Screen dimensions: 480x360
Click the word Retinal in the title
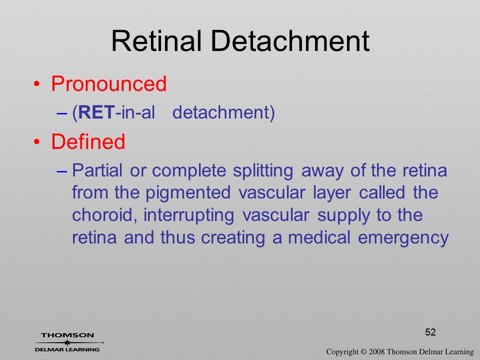[156, 40]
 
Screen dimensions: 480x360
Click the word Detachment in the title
[290, 40]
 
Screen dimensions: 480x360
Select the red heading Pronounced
[108, 83]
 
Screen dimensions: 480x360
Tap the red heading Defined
[88, 141]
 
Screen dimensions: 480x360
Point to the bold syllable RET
[96, 112]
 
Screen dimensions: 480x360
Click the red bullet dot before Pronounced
[36, 84]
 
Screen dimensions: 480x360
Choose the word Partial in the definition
[97, 170]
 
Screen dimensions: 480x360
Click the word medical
[319, 237]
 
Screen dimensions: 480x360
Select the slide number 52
[430, 332]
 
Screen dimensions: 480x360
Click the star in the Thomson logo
[67, 342]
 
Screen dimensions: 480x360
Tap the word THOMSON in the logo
[67, 335]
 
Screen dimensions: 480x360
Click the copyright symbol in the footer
[363, 352]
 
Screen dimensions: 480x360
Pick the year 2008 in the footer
[376, 352]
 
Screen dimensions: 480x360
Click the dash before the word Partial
[62, 171]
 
